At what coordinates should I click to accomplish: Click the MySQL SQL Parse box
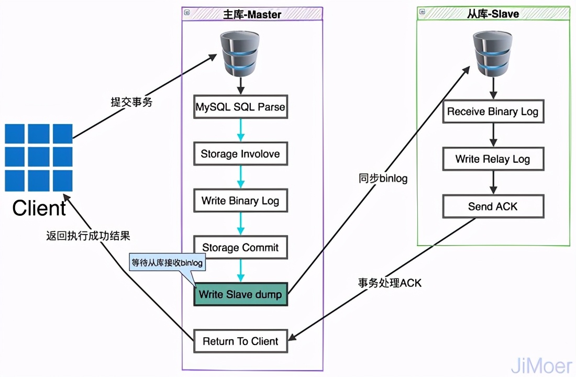pos(240,107)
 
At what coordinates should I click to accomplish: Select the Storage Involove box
pos(240,154)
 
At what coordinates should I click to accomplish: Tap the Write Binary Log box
pos(240,201)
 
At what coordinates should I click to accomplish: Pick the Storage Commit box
pos(240,248)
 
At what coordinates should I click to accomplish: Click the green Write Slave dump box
pos(240,295)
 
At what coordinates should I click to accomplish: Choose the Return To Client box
pos(240,341)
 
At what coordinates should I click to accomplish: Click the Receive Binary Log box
pos(493,112)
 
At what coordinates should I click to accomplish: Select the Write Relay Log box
pos(493,159)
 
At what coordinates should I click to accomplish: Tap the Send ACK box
pos(493,206)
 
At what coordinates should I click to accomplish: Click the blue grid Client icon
pos(39,158)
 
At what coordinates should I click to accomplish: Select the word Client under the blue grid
pos(39,208)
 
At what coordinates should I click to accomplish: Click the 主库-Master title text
pos(252,14)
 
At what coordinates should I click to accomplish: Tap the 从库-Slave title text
pos(493,14)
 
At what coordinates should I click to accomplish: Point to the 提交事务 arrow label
pos(131,102)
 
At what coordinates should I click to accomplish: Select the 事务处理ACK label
pos(390,283)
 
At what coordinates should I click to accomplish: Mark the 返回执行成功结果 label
pos(88,236)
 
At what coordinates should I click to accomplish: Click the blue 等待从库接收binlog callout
pos(167,263)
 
